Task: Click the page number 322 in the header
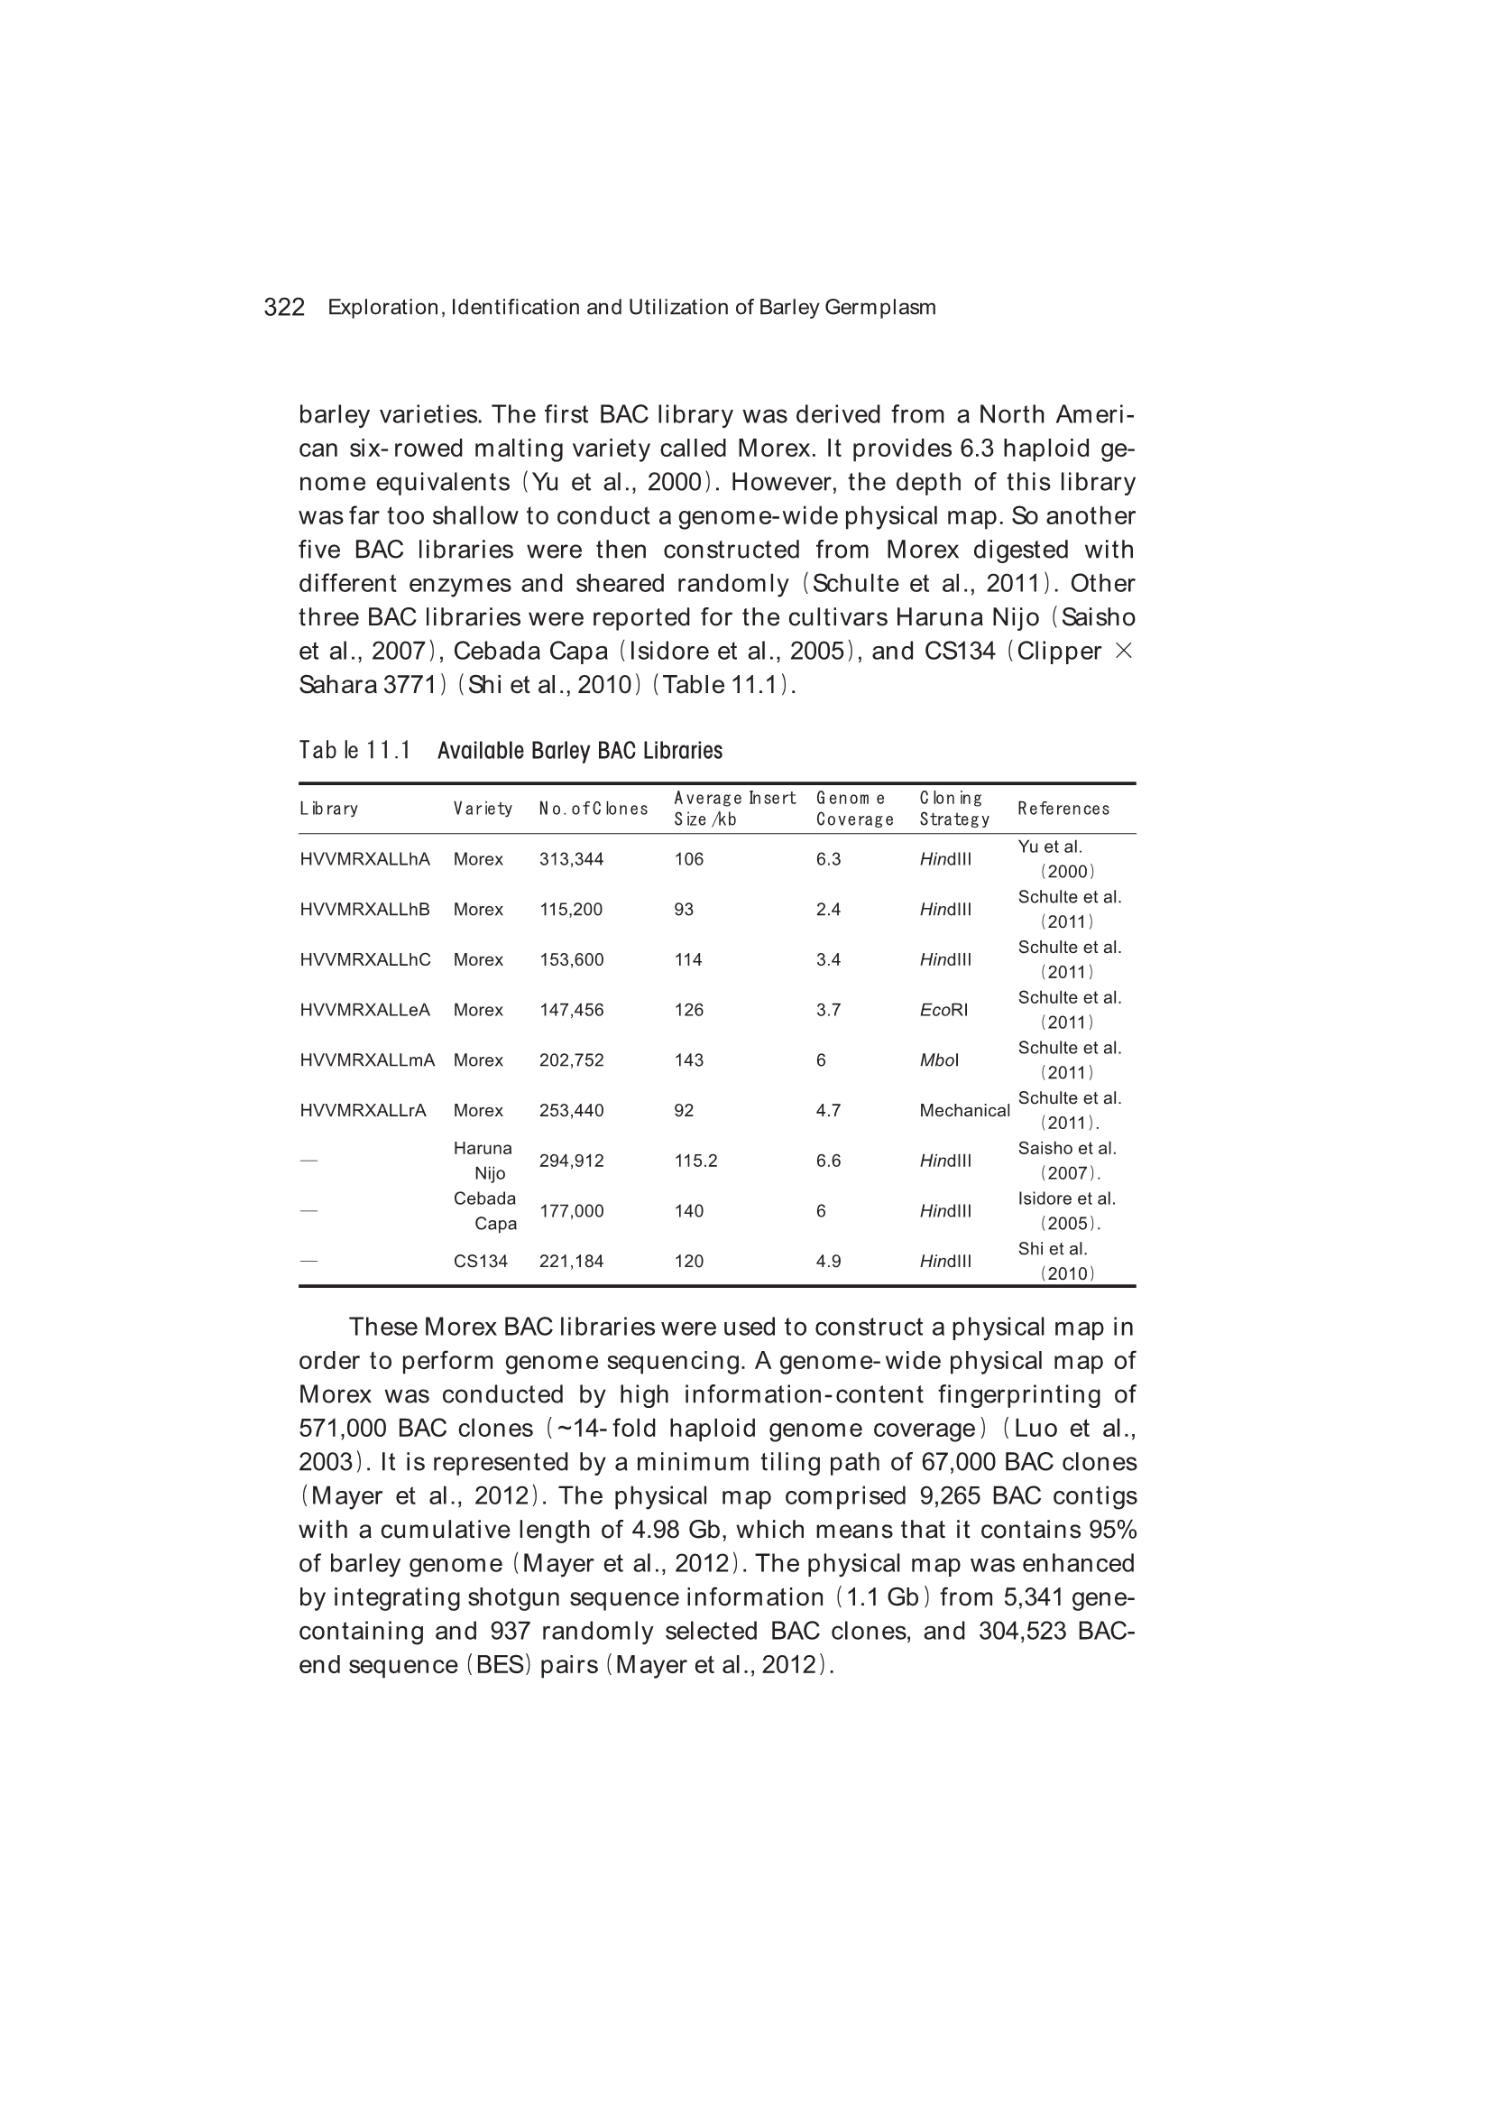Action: coord(284,307)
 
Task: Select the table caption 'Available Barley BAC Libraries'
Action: coord(580,751)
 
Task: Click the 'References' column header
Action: coord(1063,809)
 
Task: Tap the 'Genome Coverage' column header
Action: coord(854,809)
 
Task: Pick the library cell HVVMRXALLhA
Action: coord(364,859)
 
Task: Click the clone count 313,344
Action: coord(570,859)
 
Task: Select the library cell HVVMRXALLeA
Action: coord(364,1010)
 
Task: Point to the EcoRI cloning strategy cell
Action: coord(943,1010)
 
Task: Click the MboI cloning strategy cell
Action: coord(939,1060)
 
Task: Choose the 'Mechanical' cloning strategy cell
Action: coord(963,1110)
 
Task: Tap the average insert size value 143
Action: coord(688,1060)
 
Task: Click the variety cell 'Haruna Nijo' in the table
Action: coord(483,1161)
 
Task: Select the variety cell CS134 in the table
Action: coord(481,1262)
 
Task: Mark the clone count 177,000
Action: coord(570,1211)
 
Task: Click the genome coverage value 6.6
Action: coord(828,1161)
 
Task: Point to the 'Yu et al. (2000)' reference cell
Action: coord(1055,859)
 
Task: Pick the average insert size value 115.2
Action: coord(695,1161)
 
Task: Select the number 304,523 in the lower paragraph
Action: coord(1022,1630)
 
